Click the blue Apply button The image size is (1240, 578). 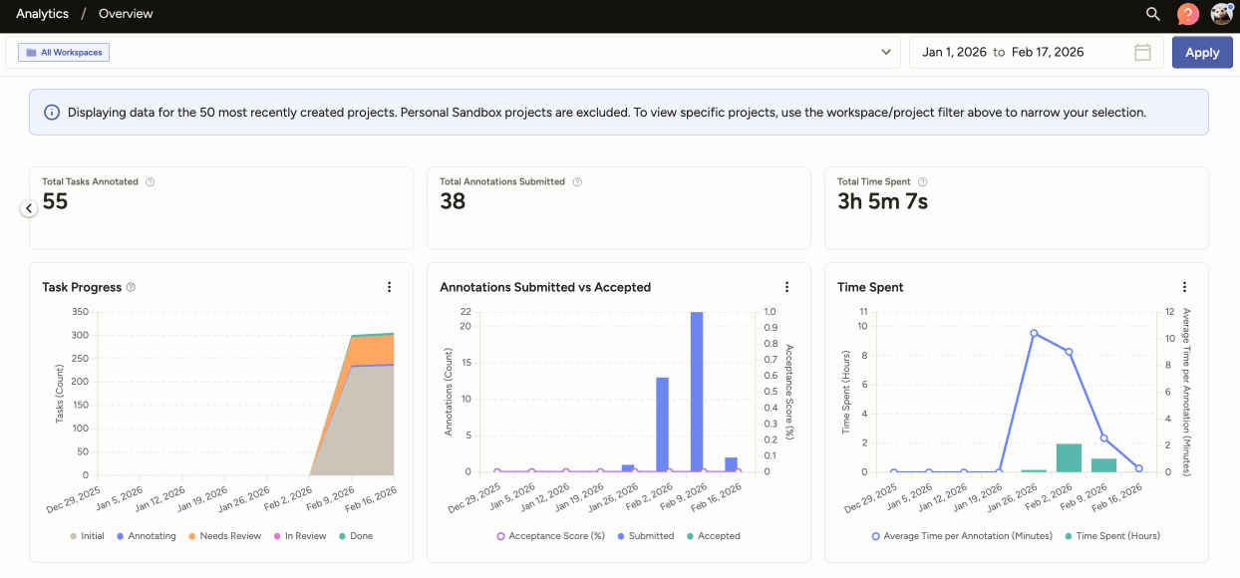1201,53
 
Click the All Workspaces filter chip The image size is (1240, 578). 64,52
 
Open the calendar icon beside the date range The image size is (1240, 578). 1142,52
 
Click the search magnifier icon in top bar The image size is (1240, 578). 1152,14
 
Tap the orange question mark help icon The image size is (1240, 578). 1186,14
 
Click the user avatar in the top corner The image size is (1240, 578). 1221,14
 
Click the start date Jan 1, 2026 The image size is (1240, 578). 954,52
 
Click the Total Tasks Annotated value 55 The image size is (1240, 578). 55,202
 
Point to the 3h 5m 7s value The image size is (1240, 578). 882,202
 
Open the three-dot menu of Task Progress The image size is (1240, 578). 389,287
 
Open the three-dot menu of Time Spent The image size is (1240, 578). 1184,287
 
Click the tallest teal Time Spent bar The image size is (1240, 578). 1069,457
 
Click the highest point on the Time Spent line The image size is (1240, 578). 1034,333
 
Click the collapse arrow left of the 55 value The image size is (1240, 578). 29,208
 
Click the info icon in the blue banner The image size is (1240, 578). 52,113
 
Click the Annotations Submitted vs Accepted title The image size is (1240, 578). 544,287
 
